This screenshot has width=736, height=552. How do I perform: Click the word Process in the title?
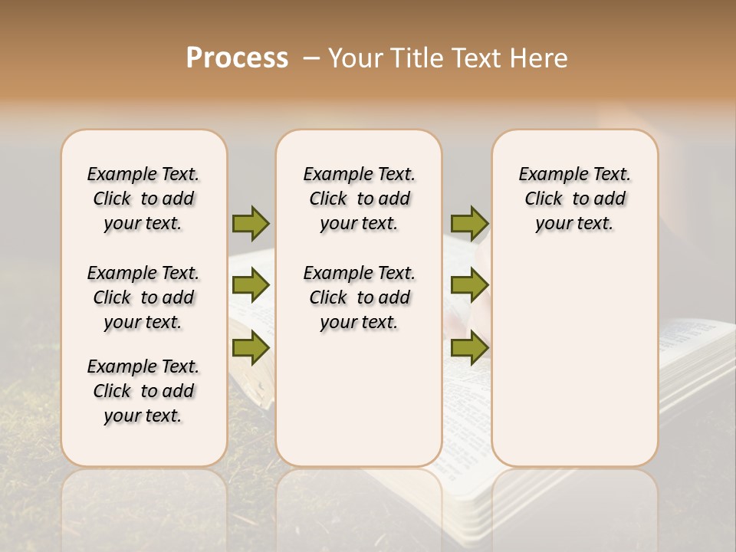click(x=237, y=58)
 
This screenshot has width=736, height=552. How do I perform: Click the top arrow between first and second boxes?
click(x=251, y=223)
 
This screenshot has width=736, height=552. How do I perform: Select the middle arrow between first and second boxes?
click(x=251, y=285)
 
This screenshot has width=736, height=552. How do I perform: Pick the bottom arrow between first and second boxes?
click(x=251, y=347)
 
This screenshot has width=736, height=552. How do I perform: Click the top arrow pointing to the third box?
click(x=469, y=223)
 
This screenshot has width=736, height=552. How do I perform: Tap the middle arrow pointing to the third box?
click(x=469, y=285)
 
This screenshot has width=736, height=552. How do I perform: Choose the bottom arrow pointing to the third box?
click(x=469, y=347)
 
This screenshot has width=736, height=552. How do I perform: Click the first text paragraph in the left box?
click(x=143, y=199)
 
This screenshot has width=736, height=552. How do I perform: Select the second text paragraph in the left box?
click(x=143, y=297)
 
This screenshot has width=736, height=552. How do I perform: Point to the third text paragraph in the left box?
click(x=143, y=391)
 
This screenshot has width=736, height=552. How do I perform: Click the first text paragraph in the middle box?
click(x=359, y=199)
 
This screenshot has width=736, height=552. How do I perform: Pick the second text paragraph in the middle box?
click(x=359, y=297)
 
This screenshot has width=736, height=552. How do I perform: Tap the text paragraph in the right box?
click(x=574, y=199)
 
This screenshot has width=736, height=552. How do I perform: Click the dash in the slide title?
click(x=310, y=59)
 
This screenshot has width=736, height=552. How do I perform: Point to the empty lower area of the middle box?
click(x=359, y=399)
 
